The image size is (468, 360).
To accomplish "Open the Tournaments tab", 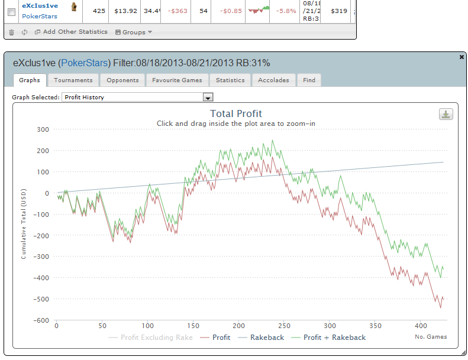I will [x=73, y=80].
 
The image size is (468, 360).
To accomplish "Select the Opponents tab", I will [x=122, y=80].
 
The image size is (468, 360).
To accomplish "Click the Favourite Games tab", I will [x=177, y=80].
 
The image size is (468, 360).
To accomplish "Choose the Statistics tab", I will [x=230, y=80].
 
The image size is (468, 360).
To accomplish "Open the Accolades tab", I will [x=273, y=80].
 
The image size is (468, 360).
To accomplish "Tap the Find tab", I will [x=309, y=80].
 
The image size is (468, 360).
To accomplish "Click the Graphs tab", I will [x=29, y=80].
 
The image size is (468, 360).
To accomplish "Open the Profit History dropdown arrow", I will [x=208, y=98].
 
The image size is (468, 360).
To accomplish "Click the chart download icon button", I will [x=446, y=115].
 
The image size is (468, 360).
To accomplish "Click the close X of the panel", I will [x=461, y=57].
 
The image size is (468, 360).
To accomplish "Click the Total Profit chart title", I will [x=236, y=113].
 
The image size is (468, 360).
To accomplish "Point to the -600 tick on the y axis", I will [x=41, y=320].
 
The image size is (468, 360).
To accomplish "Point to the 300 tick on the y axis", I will [x=43, y=129].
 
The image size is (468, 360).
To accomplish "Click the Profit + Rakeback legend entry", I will [x=328, y=338].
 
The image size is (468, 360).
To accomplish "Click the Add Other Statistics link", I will [x=71, y=32].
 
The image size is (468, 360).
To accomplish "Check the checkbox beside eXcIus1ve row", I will [x=11, y=11].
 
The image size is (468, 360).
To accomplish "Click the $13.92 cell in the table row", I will [x=125, y=11].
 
